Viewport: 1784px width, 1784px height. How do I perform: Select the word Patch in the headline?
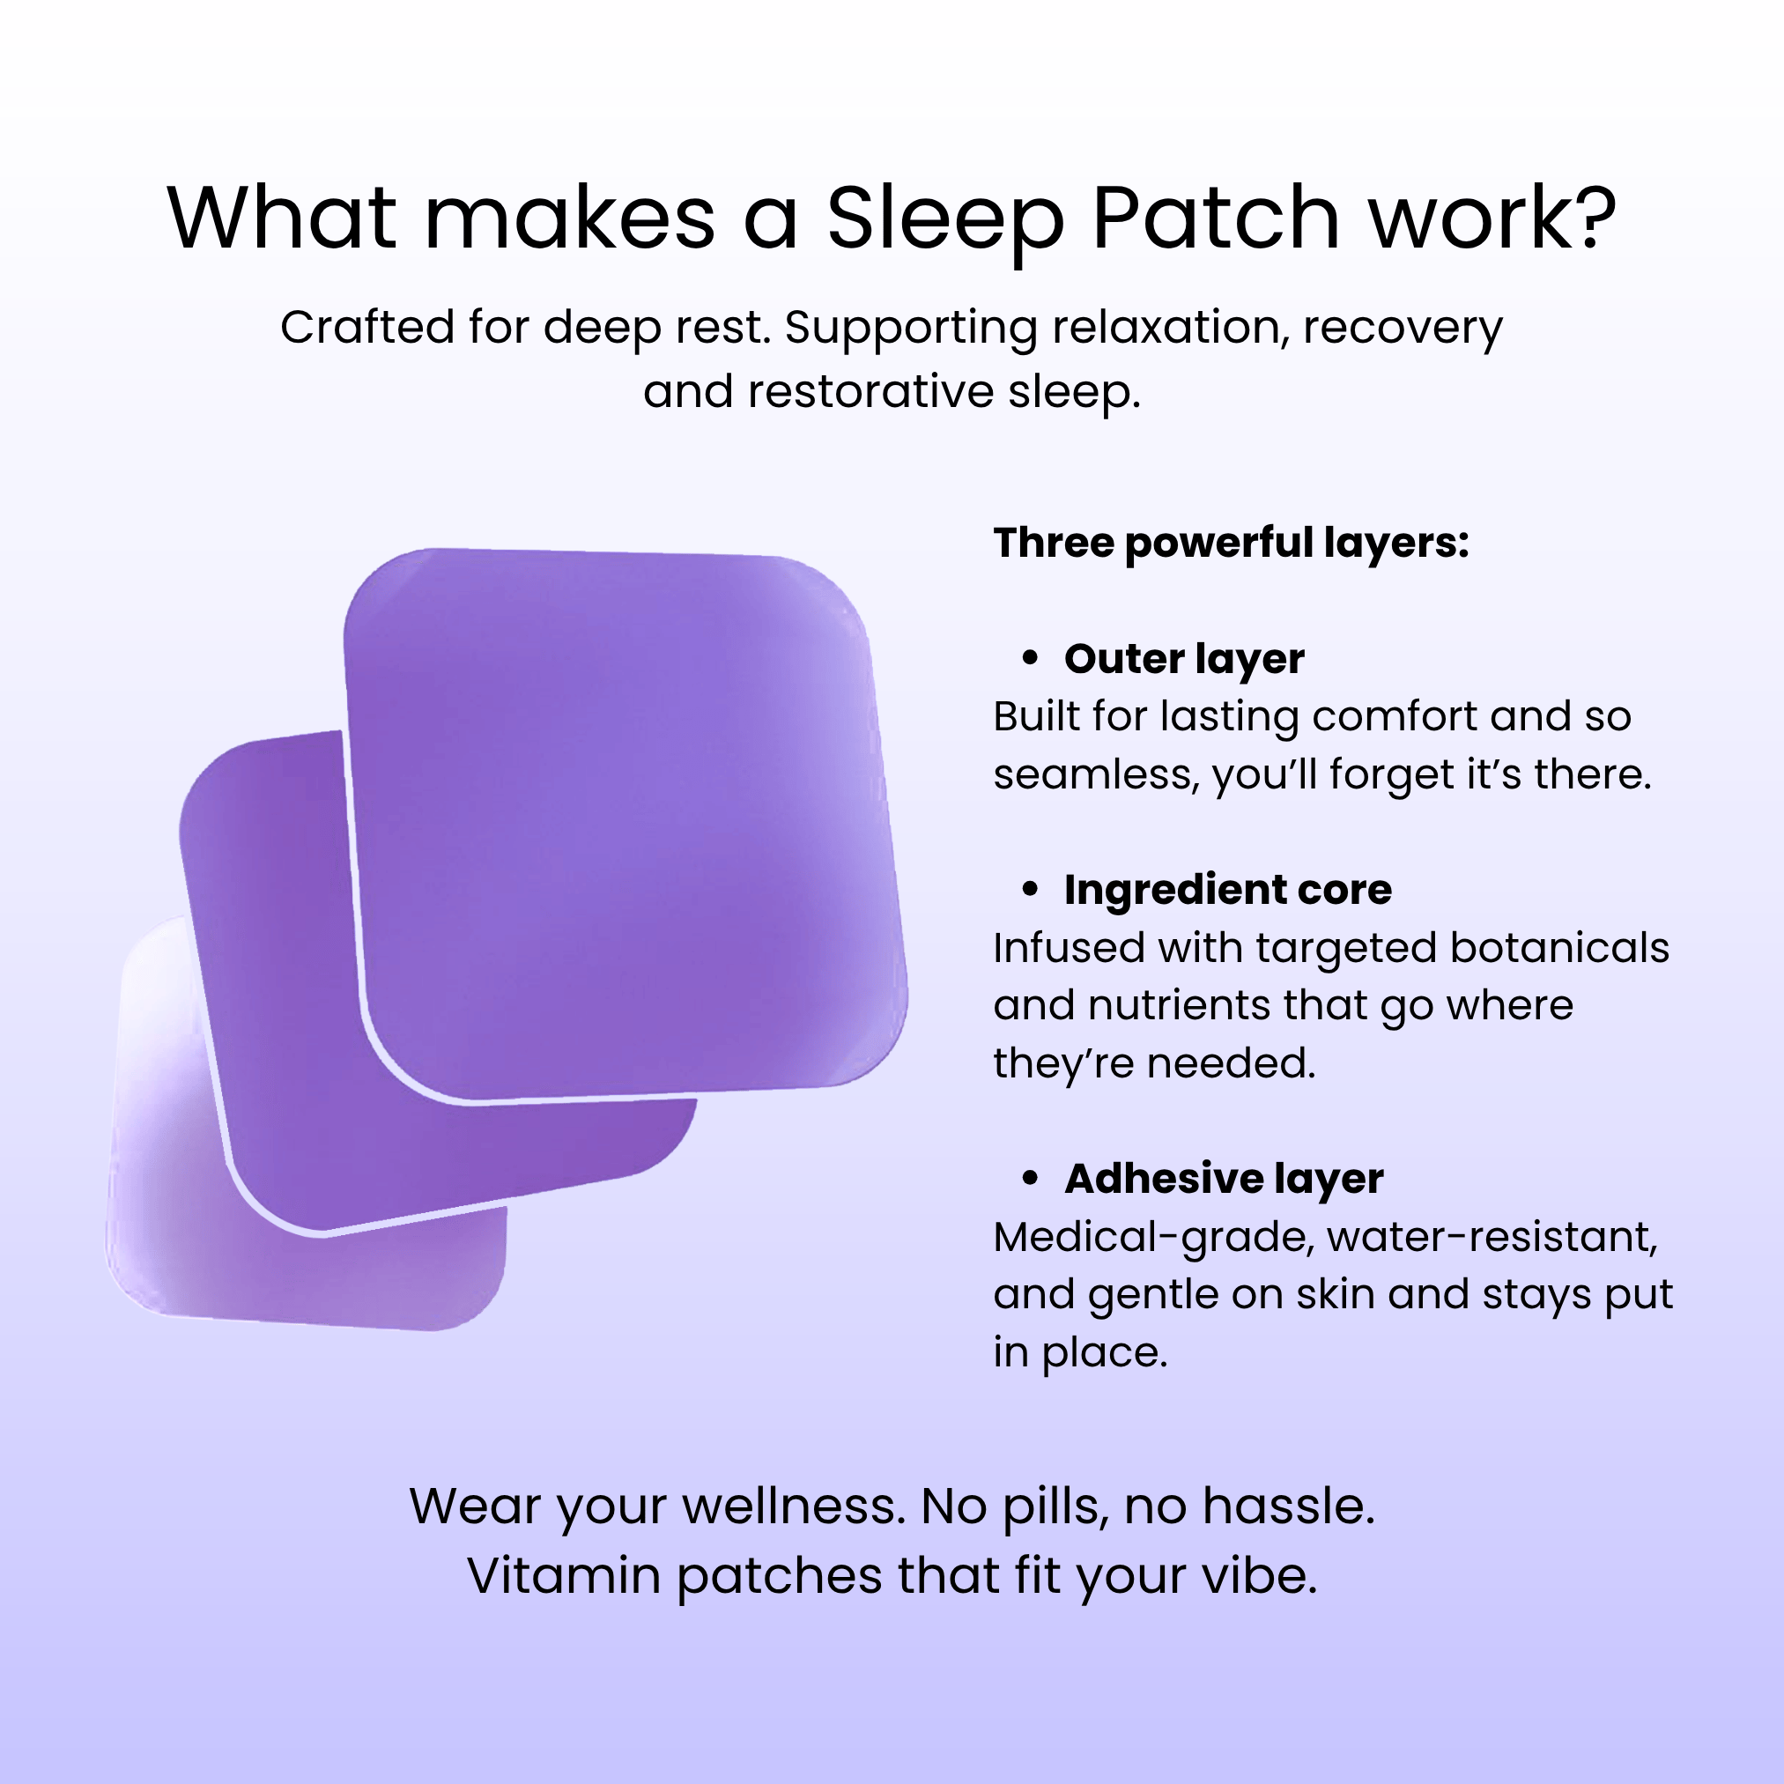(x=1216, y=217)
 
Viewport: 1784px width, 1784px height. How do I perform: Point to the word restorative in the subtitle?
(x=871, y=391)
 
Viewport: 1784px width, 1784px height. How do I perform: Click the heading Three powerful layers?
(x=1231, y=544)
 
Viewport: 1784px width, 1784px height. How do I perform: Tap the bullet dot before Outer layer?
(x=1031, y=658)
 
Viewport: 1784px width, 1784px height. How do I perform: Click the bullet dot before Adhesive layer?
(x=1031, y=1178)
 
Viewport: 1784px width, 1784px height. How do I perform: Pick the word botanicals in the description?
(x=1559, y=947)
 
